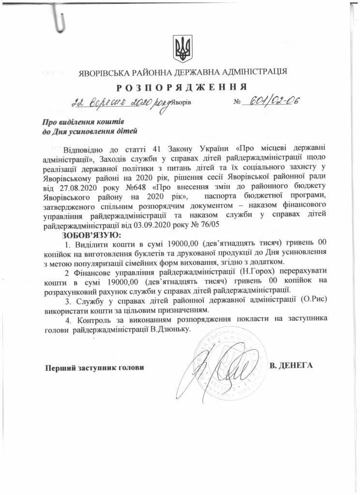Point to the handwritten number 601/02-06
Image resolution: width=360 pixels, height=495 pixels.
click(271, 101)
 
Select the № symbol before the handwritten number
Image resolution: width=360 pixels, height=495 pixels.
click(237, 103)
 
